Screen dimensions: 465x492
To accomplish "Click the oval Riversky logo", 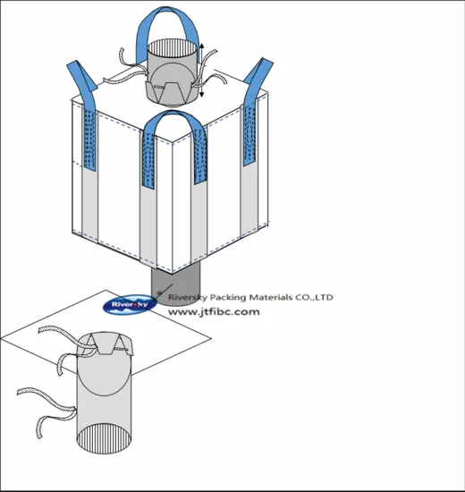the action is click(x=130, y=304).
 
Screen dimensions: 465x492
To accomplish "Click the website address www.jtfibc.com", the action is click(x=214, y=312).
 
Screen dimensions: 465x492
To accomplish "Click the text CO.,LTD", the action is click(x=314, y=297).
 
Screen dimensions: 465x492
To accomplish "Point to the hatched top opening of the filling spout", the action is click(x=173, y=48).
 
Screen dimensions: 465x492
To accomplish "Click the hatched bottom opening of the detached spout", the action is click(x=104, y=438).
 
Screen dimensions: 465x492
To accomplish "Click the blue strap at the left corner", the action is click(x=82, y=82).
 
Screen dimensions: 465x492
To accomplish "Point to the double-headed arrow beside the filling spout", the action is click(x=202, y=70).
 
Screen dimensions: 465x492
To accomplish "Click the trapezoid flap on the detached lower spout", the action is click(x=106, y=344).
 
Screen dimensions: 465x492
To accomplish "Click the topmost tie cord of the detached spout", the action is click(x=66, y=335).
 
